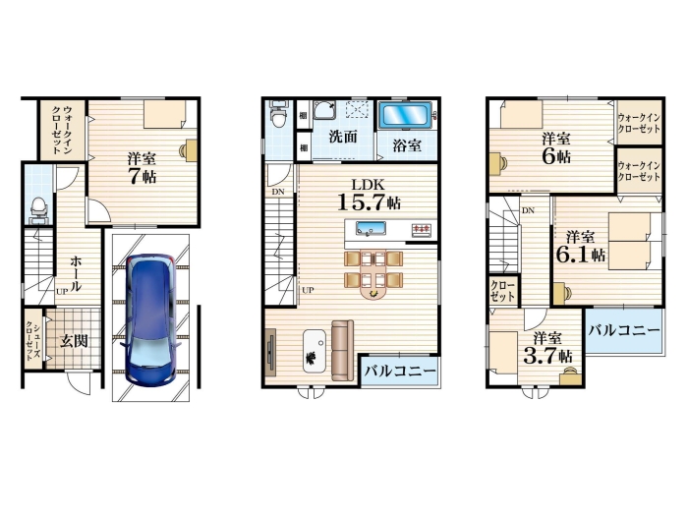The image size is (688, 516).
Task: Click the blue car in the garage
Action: point(151,319)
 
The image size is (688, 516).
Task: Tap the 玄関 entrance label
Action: point(74,341)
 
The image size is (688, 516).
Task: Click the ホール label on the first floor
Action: point(76,273)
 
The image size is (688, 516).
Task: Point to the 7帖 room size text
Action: point(143,176)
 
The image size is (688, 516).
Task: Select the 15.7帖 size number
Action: point(369,202)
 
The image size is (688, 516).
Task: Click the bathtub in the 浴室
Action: point(405,115)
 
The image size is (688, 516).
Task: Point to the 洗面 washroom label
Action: point(343,137)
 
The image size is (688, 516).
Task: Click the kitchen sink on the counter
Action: point(371,228)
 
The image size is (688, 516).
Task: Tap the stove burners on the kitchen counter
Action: point(422,229)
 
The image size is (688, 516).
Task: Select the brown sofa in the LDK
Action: point(342,350)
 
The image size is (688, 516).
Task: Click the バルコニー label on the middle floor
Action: point(400,372)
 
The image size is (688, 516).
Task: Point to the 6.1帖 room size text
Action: point(581,254)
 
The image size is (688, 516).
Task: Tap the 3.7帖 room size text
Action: point(548,356)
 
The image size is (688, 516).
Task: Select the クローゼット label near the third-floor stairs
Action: point(503,291)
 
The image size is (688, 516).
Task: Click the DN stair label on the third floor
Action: point(529,210)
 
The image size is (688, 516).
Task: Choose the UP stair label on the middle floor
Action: point(308,290)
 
